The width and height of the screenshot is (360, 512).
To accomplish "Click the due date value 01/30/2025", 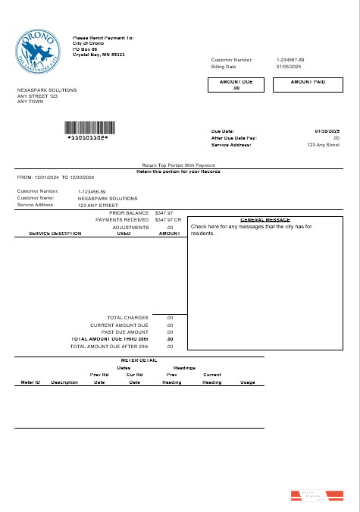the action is pos(327,131).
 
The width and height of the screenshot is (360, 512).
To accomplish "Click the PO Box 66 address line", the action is pos(86,49).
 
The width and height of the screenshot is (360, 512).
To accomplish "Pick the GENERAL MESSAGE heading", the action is pos(260,219).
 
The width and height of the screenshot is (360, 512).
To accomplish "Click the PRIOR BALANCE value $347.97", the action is pos(164,213).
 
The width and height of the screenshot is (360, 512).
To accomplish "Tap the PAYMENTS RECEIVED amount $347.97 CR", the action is pos(167,220).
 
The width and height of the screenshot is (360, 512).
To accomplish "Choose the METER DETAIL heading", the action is pos(139,360).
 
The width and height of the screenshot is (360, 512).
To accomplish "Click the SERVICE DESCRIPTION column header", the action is pos(55,234).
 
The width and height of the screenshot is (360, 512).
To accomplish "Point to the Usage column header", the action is pos(248,382).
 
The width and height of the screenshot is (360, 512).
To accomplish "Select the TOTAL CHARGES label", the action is pos(127,318).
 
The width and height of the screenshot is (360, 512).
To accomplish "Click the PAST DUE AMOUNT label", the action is pos(127,332).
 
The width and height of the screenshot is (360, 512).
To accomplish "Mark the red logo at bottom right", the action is pos(318,496).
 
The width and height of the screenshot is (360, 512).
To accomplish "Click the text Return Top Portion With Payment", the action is pos(179,165).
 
